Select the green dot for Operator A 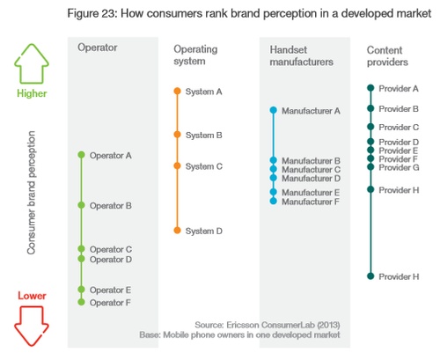(x=81, y=155)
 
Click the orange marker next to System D (x=177, y=231)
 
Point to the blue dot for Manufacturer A (x=274, y=110)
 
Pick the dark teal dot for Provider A (x=370, y=88)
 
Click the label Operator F (x=110, y=303)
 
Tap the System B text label (x=204, y=136)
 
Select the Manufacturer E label (x=311, y=193)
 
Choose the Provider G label (x=399, y=167)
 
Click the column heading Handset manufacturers (x=301, y=55)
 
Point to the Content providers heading (x=387, y=56)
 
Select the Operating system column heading (x=195, y=55)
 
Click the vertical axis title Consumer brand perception (x=31, y=193)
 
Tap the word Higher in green (x=32, y=93)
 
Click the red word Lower (x=32, y=296)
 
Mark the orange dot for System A (x=177, y=91)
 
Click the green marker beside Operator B (x=81, y=205)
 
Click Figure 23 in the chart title (x=92, y=13)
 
